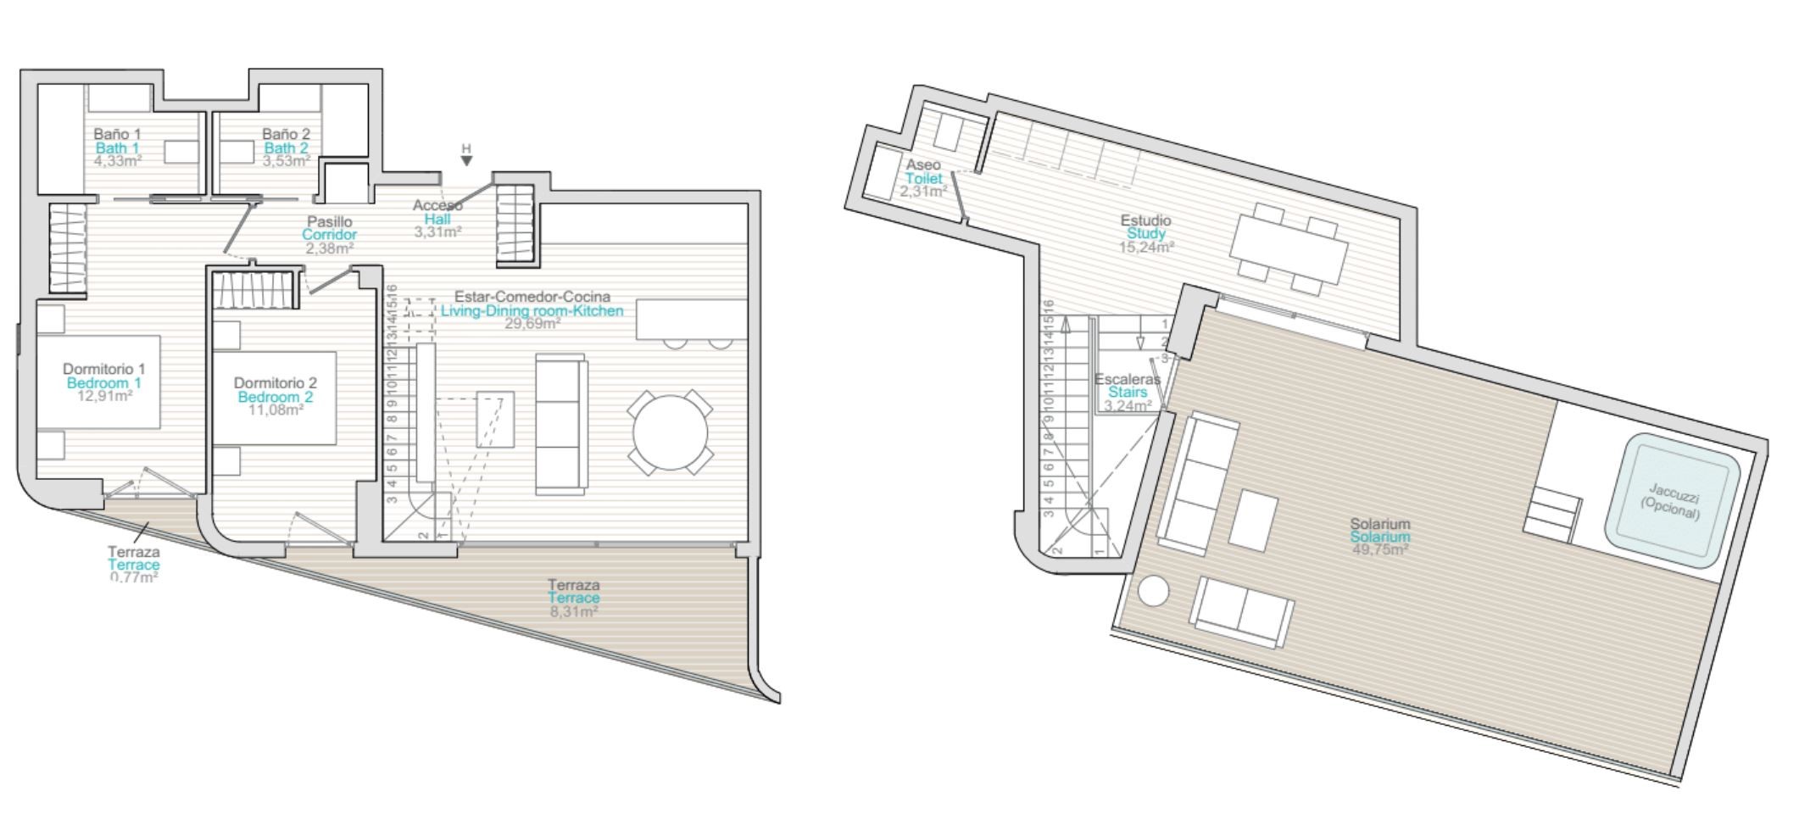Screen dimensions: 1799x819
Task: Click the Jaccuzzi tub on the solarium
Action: pos(1671,500)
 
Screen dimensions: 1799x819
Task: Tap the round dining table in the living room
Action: pos(670,432)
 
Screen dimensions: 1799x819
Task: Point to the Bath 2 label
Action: pos(286,148)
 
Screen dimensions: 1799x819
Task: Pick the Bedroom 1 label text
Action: pos(104,382)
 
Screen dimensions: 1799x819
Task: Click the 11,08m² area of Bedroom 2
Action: pos(276,410)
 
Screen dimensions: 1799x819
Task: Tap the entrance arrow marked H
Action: pos(466,159)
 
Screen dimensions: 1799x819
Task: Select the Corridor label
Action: pos(330,235)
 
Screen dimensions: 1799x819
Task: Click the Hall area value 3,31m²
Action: pos(437,231)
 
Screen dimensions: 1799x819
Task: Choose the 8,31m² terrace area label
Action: pos(574,610)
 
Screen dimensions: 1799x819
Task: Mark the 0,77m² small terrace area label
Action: pos(134,577)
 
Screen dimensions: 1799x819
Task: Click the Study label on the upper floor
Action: pos(1146,233)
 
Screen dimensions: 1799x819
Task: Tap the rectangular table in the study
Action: pos(1289,249)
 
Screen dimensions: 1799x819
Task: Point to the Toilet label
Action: pos(923,178)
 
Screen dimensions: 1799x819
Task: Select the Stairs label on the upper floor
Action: pos(1128,392)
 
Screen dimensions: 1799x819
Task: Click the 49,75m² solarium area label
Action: pos(1380,549)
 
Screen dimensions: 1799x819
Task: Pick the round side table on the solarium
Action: pos(1153,591)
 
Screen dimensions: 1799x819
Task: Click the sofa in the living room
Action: pos(561,426)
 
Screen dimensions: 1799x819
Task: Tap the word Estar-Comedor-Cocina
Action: pos(532,297)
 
